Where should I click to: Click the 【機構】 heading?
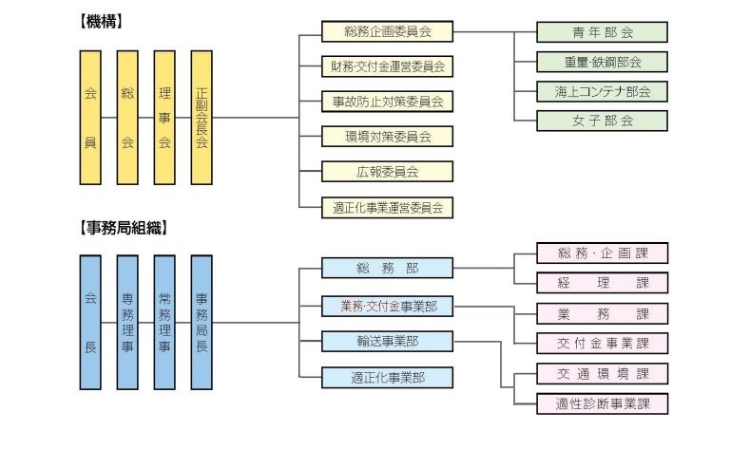[102, 21]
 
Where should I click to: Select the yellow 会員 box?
[90, 118]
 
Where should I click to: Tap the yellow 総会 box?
[127, 118]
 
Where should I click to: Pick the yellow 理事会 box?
[164, 118]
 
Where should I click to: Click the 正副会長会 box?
[202, 118]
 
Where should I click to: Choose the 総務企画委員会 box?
[387, 31]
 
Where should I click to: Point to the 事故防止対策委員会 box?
[387, 101]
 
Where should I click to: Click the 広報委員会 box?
[387, 171]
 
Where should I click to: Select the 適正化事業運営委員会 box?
[387, 207]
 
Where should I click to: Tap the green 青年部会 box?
[602, 32]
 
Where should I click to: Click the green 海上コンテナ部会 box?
[602, 92]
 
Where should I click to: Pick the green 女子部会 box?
[602, 121]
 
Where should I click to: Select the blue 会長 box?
[90, 322]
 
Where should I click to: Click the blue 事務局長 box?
[202, 322]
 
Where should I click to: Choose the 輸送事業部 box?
[387, 341]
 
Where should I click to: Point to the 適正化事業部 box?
[387, 377]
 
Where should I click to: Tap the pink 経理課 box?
[603, 283]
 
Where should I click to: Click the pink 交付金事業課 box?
[603, 343]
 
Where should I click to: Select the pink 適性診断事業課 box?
[603, 403]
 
